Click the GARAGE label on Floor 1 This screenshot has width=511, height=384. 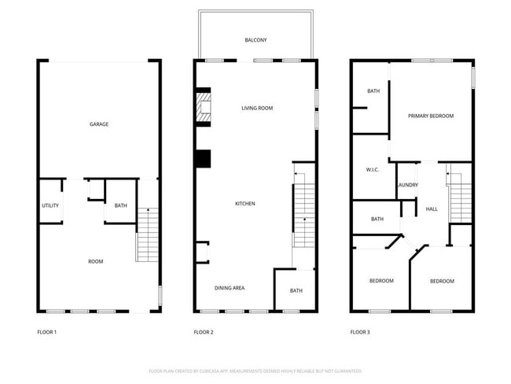click(99, 124)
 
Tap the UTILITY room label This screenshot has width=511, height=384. click(50, 206)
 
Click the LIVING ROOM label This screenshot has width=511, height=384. click(257, 108)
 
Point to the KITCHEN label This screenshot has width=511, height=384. click(245, 204)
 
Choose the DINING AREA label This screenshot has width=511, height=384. click(230, 288)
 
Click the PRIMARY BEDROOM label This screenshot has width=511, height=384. click(431, 116)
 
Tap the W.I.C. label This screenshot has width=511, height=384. click(373, 170)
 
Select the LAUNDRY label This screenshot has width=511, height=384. click(407, 185)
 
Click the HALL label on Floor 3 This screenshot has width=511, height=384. click(432, 209)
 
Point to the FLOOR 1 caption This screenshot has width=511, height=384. click(47, 332)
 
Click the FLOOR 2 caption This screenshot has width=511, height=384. click(204, 332)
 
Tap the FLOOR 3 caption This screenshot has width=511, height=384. click(360, 332)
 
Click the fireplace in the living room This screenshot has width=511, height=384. click(204, 109)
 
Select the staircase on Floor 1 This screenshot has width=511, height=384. click(148, 234)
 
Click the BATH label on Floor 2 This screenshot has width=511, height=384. click(296, 290)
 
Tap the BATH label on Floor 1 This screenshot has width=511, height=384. click(120, 206)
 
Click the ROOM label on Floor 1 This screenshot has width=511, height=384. click(95, 261)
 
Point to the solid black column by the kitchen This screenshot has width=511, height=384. click(203, 158)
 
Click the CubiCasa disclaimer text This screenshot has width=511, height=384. click(255, 371)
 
